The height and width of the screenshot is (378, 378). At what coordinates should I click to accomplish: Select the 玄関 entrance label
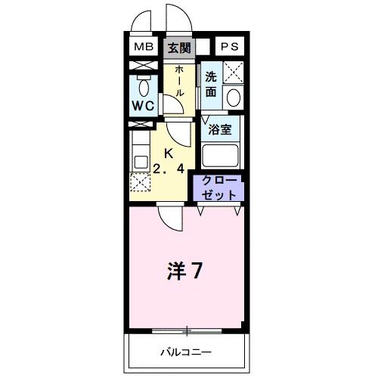click(x=179, y=48)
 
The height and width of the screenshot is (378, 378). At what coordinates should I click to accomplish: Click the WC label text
click(x=144, y=106)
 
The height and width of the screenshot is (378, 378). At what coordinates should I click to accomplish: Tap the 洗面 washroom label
click(x=211, y=83)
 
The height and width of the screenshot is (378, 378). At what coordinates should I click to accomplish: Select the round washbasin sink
click(x=234, y=98)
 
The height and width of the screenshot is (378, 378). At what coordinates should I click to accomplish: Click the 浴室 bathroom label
click(x=220, y=129)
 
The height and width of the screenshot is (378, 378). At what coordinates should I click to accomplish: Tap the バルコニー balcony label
click(x=185, y=352)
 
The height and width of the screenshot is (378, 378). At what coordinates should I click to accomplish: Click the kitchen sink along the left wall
click(x=140, y=161)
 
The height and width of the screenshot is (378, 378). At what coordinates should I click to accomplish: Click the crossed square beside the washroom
click(x=233, y=73)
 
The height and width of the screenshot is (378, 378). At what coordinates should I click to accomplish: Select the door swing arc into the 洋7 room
click(x=171, y=219)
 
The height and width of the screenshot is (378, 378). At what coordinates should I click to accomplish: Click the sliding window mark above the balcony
click(x=185, y=330)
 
